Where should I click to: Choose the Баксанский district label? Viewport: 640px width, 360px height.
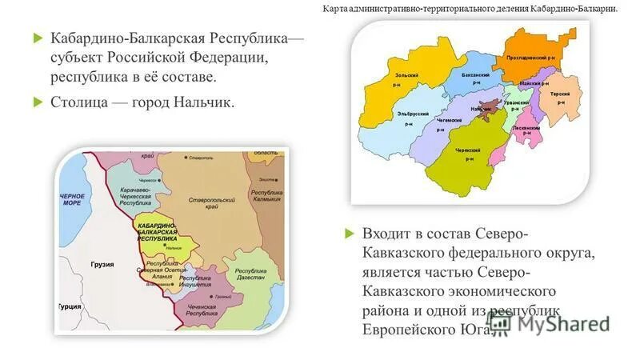475,74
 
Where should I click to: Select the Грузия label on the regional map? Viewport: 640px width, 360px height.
102,264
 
